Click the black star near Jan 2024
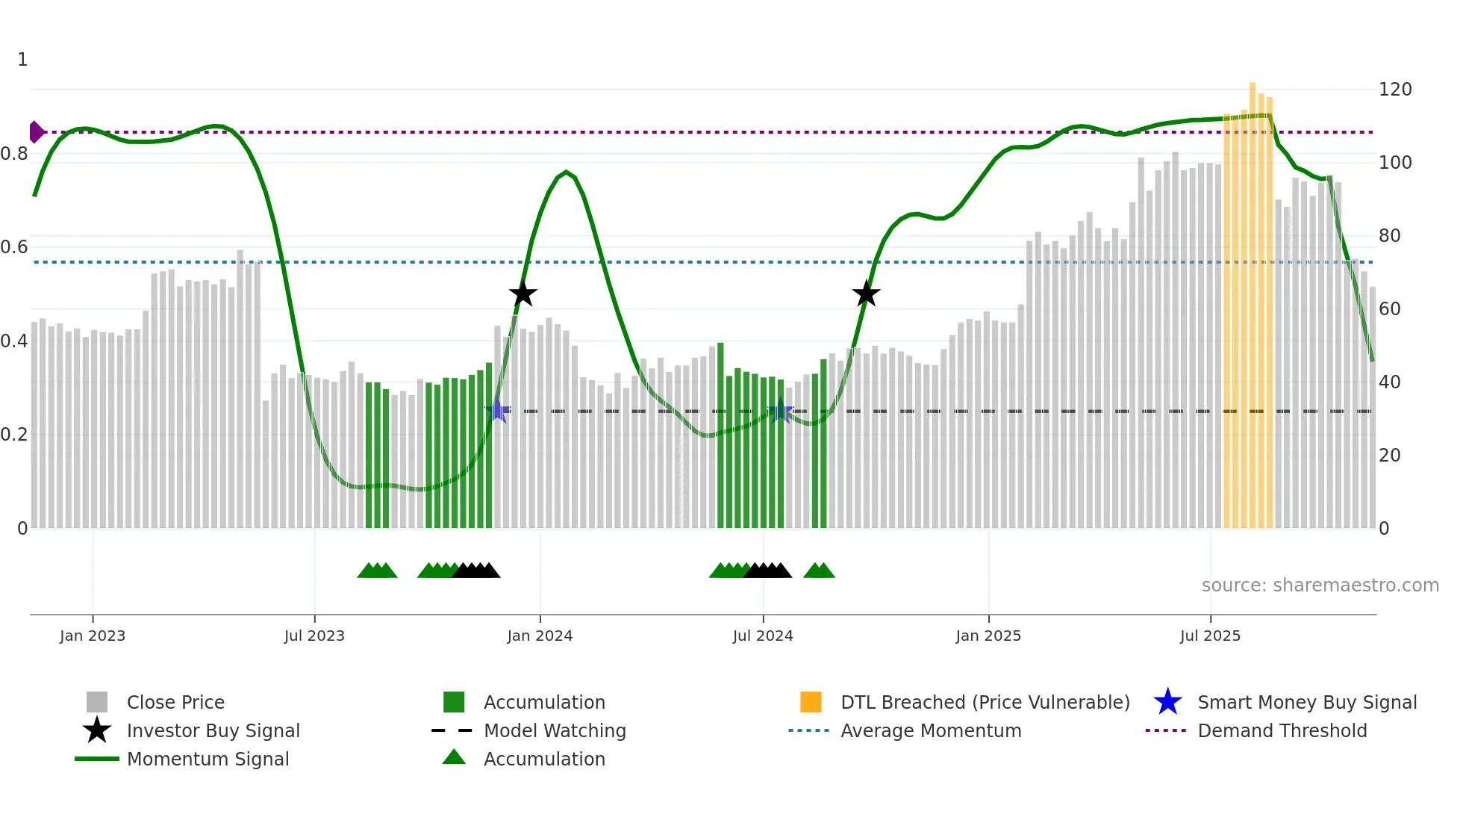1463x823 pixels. (x=522, y=294)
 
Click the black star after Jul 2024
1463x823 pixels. (x=866, y=294)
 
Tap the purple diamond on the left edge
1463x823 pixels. (x=36, y=132)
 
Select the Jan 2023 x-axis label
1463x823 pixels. (x=93, y=636)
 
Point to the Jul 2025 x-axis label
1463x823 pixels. (x=1210, y=636)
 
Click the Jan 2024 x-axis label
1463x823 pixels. (x=540, y=636)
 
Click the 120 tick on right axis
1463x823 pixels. (x=1395, y=90)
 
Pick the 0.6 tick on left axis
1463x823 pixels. (x=14, y=247)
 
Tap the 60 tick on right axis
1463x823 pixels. (x=1390, y=309)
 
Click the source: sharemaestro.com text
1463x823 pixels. (x=1320, y=586)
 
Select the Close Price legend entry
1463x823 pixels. (x=175, y=702)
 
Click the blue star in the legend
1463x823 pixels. (x=1167, y=702)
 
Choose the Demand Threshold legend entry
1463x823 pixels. (x=1282, y=730)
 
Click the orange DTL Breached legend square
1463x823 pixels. (x=811, y=702)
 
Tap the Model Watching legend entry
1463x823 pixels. (x=555, y=730)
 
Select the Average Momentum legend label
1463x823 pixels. (x=931, y=730)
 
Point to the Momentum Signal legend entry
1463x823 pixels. (x=208, y=759)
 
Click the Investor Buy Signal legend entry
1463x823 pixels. (x=213, y=730)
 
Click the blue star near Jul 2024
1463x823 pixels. (x=780, y=411)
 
